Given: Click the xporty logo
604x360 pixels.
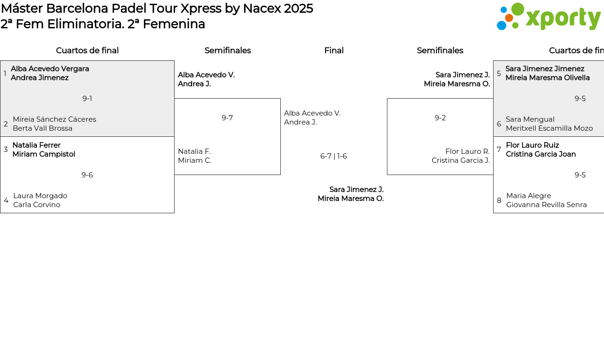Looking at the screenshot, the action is pyautogui.click(x=548, y=17).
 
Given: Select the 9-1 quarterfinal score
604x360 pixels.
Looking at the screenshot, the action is pyautogui.click(x=87, y=99).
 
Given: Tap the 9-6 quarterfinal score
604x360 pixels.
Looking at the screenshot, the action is pyautogui.click(x=87, y=175).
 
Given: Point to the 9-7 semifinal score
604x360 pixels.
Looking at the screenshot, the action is pyautogui.click(x=227, y=118).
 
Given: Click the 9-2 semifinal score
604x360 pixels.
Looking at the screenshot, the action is pyautogui.click(x=440, y=118).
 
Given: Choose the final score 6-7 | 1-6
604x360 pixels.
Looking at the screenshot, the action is pyautogui.click(x=334, y=156).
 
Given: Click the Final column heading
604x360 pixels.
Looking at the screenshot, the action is pyautogui.click(x=334, y=50).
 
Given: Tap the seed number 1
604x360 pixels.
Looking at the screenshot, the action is pyautogui.click(x=5, y=73).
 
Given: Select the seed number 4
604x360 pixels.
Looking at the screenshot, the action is pyautogui.click(x=6, y=201).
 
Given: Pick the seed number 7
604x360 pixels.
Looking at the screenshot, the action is pyautogui.click(x=499, y=150).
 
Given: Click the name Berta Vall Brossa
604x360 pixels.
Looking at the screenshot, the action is pyautogui.click(x=42, y=128).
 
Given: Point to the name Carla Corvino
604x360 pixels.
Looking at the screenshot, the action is pyautogui.click(x=37, y=205).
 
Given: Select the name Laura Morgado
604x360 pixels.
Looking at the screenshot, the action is pyautogui.click(x=40, y=196).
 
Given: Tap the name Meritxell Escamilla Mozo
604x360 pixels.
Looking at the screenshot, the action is pyautogui.click(x=549, y=128).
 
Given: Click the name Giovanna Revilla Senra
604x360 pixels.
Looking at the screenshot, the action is pyautogui.click(x=546, y=205).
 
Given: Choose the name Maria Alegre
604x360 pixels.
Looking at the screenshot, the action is pyautogui.click(x=528, y=196).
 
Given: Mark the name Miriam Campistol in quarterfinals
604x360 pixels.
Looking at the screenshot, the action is pyautogui.click(x=44, y=154).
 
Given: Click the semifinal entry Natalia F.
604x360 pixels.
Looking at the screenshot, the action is pyautogui.click(x=194, y=151).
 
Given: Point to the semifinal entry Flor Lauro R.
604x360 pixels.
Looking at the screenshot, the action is pyautogui.click(x=468, y=151).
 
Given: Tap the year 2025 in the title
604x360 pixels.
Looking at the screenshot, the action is pyautogui.click(x=298, y=8).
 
